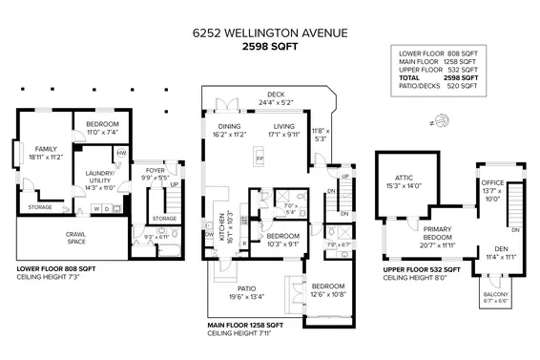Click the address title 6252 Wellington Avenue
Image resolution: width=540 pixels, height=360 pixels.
[x=270, y=32]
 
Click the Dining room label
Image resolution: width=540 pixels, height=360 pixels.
[x=229, y=126]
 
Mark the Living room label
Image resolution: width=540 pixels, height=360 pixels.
[x=284, y=126]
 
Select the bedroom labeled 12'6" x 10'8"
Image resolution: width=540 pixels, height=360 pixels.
[x=327, y=288]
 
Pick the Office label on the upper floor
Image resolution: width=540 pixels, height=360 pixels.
[x=492, y=182]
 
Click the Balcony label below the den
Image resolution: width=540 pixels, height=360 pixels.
[x=494, y=293]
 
